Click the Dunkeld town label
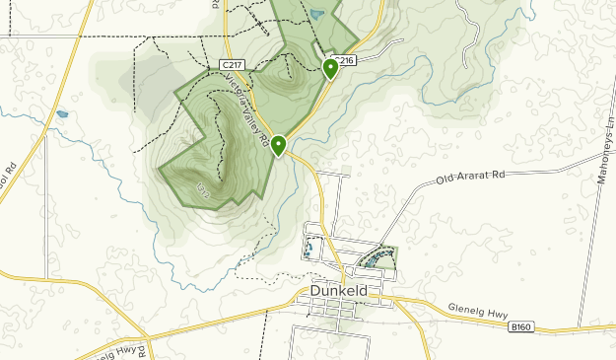[339, 292]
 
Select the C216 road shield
[343, 59]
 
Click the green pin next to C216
[330, 68]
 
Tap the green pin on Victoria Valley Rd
[279, 146]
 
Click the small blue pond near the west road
[62, 114]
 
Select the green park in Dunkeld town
[378, 259]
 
